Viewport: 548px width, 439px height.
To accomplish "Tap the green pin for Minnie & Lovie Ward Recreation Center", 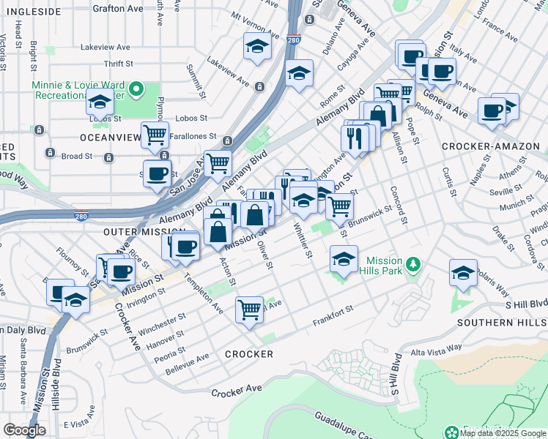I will click(x=135, y=89).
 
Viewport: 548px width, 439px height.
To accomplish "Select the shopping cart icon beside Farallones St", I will click(x=155, y=135).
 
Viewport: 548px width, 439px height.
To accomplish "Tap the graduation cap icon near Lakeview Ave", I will click(x=257, y=48).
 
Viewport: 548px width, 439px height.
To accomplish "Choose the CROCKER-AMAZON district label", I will click(x=487, y=146).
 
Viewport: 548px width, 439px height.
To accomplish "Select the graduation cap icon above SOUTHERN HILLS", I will click(x=463, y=273).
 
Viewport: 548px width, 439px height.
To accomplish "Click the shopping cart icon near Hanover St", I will click(x=249, y=309).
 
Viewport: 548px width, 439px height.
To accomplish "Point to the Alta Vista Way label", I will click(x=436, y=351).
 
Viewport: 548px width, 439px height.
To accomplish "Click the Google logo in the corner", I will click(x=24, y=429).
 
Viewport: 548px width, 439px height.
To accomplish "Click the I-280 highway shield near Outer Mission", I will click(x=82, y=216).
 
